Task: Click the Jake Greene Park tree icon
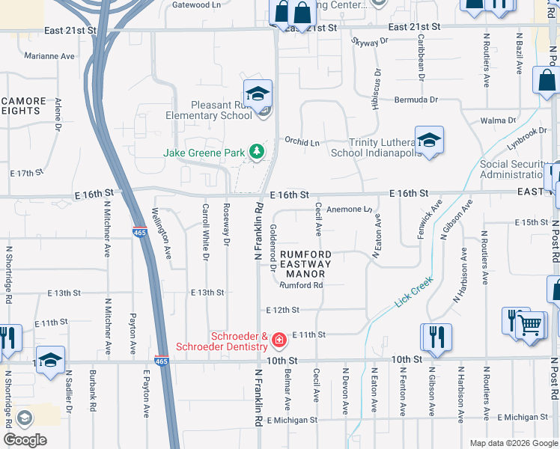(257, 153)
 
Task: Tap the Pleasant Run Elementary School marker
(258, 95)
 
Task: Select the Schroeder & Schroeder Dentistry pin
(279, 341)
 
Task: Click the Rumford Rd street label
(301, 285)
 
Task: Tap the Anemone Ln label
(349, 210)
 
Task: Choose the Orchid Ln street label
(302, 141)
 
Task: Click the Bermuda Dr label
(417, 100)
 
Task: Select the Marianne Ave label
(49, 56)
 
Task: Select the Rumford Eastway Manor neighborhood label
(305, 264)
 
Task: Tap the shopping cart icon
(532, 326)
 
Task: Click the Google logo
(25, 439)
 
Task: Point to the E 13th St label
(207, 293)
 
